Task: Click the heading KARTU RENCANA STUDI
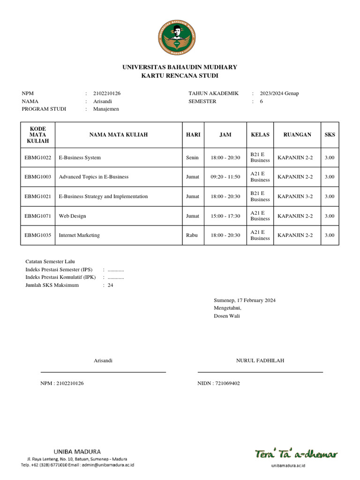(x=180, y=75)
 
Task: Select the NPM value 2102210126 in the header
(x=107, y=93)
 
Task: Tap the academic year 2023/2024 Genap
(x=279, y=93)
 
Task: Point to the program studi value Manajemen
(x=106, y=109)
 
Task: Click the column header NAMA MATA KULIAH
(x=119, y=135)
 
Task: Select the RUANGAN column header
(x=297, y=135)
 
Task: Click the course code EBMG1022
(x=38, y=157)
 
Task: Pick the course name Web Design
(x=72, y=216)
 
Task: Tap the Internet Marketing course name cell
(x=79, y=235)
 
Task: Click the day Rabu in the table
(x=191, y=235)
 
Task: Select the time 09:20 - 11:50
(x=225, y=177)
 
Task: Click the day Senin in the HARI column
(x=192, y=157)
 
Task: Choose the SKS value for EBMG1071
(x=330, y=216)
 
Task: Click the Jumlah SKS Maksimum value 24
(x=111, y=285)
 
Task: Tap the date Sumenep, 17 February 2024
(x=245, y=300)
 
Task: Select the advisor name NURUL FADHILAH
(x=260, y=360)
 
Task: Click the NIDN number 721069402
(x=219, y=383)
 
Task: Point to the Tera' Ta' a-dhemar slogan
(x=296, y=454)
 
